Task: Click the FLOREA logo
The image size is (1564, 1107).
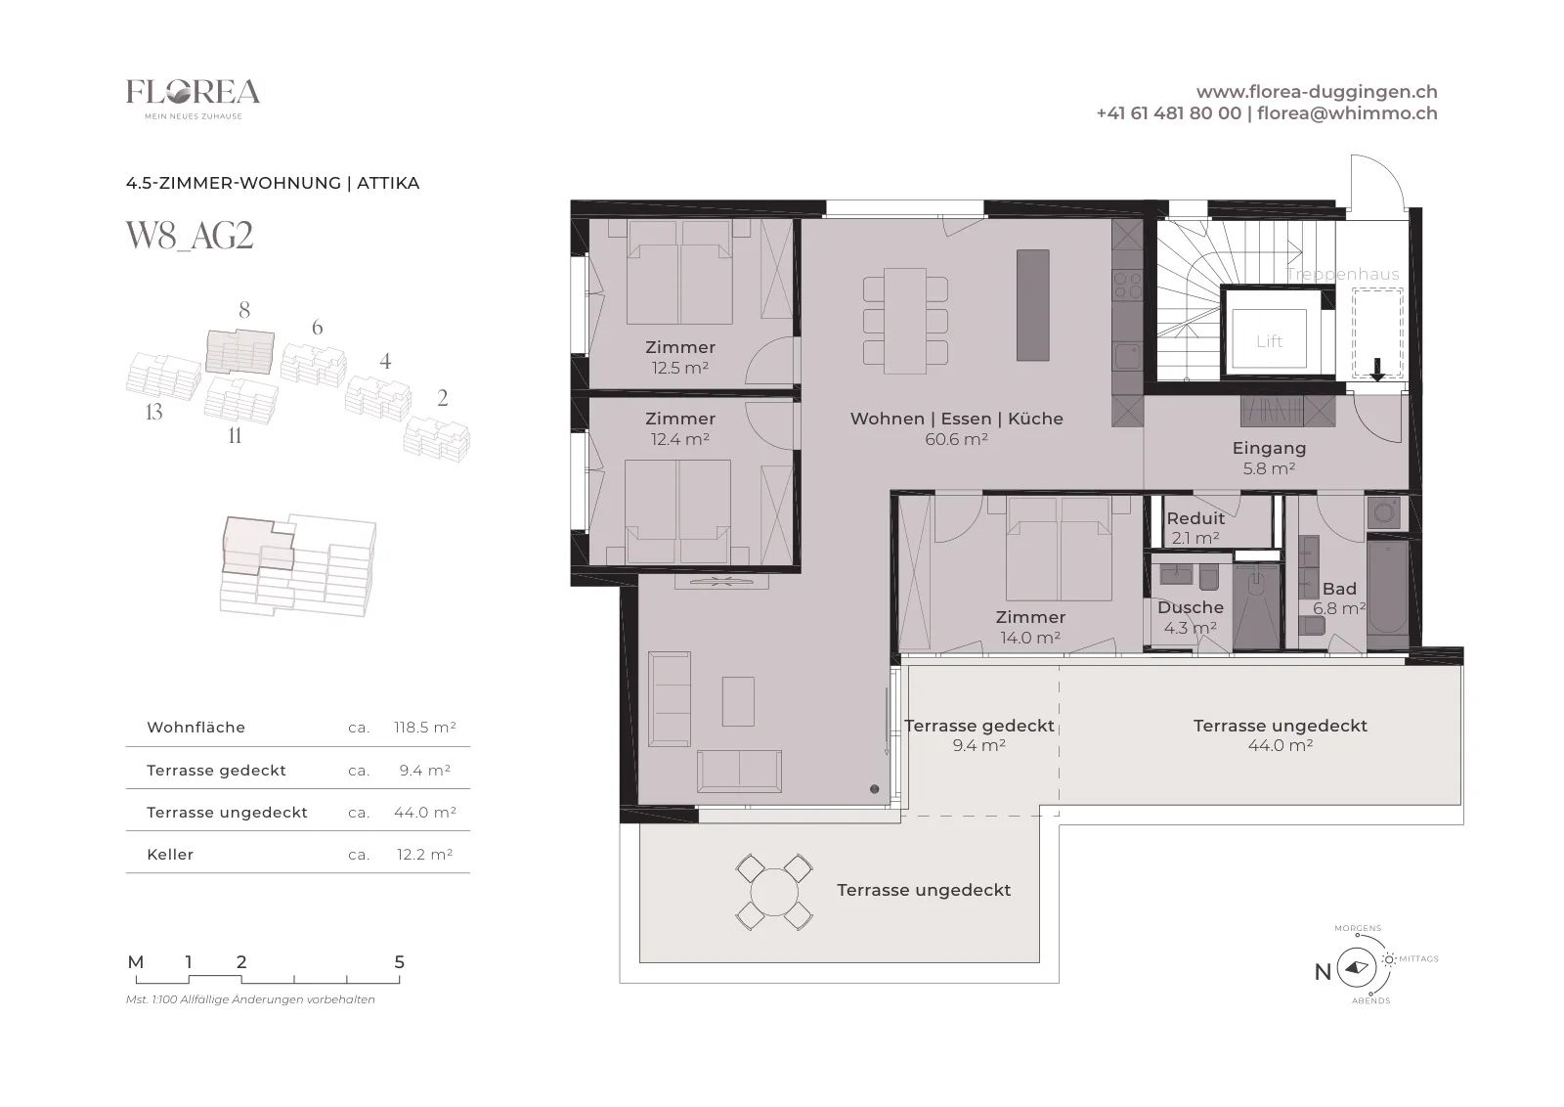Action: tap(193, 99)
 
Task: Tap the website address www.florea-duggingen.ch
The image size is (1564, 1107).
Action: tap(1317, 92)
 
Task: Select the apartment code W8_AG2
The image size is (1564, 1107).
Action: tap(190, 236)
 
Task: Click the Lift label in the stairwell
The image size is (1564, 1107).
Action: tap(1269, 341)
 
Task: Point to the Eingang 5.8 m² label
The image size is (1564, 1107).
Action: tap(1269, 458)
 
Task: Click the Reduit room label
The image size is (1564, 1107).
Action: tap(1195, 518)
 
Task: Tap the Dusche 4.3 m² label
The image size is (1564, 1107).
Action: tap(1191, 617)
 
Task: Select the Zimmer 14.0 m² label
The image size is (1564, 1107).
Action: tap(1030, 627)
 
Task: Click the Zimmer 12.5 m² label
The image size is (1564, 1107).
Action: tap(680, 357)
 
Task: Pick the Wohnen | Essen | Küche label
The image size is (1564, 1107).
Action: tap(957, 419)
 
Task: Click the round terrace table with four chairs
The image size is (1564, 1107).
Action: tap(773, 892)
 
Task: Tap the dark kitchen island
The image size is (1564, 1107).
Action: tap(1032, 305)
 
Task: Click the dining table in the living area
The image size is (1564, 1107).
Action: tap(905, 321)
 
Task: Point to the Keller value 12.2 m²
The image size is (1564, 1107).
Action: tap(424, 854)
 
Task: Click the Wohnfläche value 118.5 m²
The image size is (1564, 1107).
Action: tap(424, 727)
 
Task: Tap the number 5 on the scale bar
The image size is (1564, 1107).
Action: tap(400, 961)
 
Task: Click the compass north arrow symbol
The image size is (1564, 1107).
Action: tap(1357, 967)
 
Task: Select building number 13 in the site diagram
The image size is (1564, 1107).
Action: tap(153, 412)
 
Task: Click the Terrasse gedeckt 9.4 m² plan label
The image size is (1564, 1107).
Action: tap(978, 735)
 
